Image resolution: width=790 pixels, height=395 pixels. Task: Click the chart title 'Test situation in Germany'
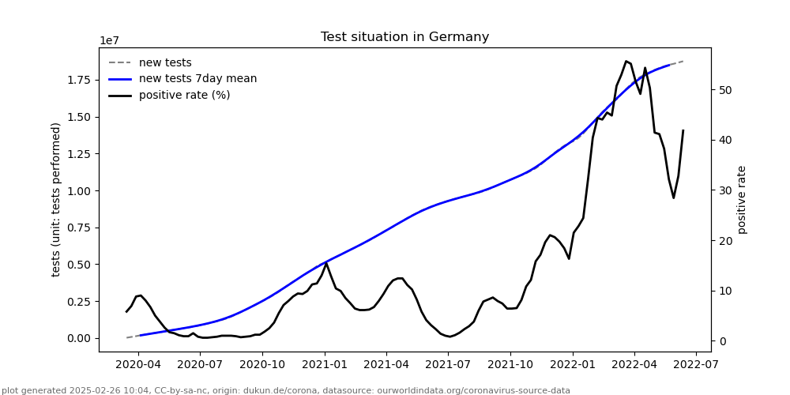click(404, 37)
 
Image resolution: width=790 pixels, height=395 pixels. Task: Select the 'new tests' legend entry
click(165, 63)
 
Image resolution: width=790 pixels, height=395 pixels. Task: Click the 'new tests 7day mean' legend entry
click(197, 79)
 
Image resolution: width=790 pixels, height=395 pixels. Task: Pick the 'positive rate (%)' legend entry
click(184, 96)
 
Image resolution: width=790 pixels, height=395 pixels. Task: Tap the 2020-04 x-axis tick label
click(138, 365)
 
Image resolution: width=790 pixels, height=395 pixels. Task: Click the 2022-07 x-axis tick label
click(696, 365)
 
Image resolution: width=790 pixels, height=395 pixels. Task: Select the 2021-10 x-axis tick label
click(510, 365)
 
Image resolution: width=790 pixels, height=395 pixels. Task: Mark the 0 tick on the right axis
click(722, 341)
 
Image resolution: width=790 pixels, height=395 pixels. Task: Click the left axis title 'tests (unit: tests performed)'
click(56, 199)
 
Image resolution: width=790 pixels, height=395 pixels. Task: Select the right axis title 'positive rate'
click(742, 199)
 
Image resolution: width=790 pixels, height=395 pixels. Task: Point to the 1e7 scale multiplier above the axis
click(110, 41)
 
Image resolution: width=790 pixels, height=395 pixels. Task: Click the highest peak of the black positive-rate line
click(626, 61)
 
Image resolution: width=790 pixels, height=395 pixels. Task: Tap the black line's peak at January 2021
click(326, 263)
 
